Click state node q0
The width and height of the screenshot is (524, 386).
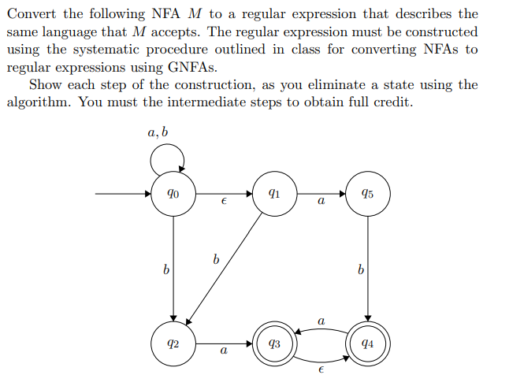(173, 193)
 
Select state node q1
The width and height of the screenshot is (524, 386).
(273, 193)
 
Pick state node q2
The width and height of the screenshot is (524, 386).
(173, 343)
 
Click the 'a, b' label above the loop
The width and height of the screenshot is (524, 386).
(158, 132)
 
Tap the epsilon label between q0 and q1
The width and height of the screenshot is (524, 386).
(224, 203)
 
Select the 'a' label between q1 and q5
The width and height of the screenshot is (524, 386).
(320, 203)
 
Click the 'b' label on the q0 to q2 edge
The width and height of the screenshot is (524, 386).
(165, 270)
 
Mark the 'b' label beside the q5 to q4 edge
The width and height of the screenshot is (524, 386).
(361, 270)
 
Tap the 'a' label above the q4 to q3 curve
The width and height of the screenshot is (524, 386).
(321, 320)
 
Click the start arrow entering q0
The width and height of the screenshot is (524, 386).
(122, 193)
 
